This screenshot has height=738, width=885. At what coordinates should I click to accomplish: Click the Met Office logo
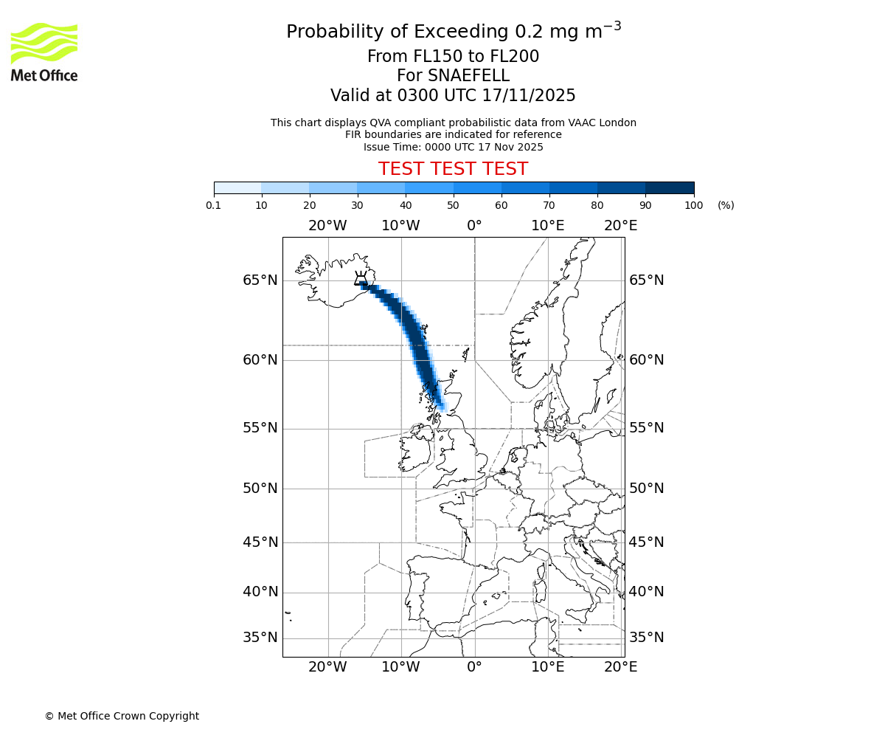click(44, 52)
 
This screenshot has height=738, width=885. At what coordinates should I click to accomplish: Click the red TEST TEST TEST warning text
click(453, 169)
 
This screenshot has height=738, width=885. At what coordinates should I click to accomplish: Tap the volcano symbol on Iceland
click(361, 278)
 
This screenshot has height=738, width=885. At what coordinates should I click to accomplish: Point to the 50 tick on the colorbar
click(453, 205)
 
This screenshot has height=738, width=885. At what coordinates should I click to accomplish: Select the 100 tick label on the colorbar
click(693, 205)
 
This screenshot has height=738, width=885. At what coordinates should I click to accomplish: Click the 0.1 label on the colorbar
click(214, 205)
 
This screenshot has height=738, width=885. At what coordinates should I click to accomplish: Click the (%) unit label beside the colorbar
click(726, 205)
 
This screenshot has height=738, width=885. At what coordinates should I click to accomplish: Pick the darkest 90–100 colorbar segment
click(670, 187)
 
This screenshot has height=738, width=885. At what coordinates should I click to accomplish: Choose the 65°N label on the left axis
click(260, 280)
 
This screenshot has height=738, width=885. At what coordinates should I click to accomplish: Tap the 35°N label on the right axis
click(647, 638)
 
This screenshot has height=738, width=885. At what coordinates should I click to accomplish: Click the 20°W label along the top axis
click(327, 225)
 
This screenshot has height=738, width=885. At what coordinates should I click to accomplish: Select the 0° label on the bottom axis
click(474, 667)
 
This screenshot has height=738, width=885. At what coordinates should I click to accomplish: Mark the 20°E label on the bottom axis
click(621, 667)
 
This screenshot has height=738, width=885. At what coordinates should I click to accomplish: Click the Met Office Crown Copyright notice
click(122, 716)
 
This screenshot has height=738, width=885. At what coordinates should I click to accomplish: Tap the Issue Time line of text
click(453, 147)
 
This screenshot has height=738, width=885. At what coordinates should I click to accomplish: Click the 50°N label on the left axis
click(260, 489)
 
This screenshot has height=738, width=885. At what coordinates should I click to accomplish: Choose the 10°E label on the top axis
click(548, 225)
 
